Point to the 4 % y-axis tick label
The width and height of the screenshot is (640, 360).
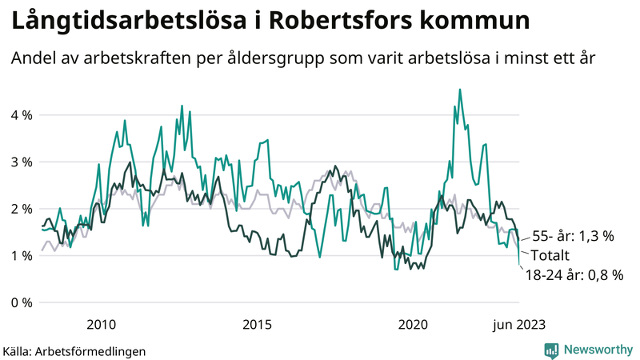[x=22, y=115]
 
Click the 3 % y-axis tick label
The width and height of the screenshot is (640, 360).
[x=22, y=162]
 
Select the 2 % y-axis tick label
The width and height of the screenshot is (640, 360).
[x=22, y=209]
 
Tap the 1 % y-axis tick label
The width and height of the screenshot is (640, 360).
[x=22, y=255]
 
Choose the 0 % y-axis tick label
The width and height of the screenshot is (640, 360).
[x=22, y=302]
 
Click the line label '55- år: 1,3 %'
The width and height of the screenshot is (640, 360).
[x=573, y=236]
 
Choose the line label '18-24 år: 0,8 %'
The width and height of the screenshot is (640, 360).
[x=574, y=275]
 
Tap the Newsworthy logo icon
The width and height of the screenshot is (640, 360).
[x=551, y=350]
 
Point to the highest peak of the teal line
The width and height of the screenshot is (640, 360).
[x=459, y=90]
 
